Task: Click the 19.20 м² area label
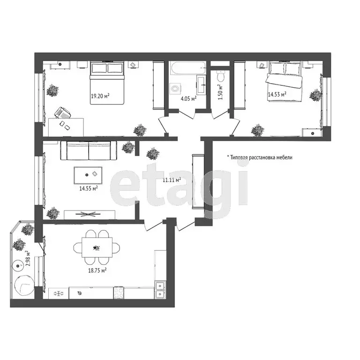[100, 97]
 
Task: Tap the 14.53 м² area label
[277, 94]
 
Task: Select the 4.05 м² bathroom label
[188, 98]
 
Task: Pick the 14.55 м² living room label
[88, 188]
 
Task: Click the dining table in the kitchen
[97, 247]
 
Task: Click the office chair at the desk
[62, 113]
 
